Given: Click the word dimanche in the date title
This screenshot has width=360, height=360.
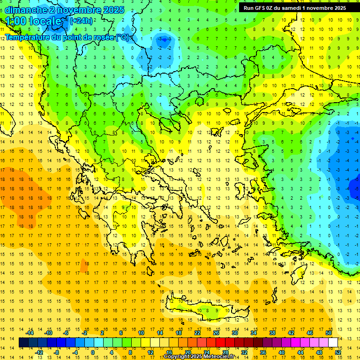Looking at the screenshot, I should tap(25, 10).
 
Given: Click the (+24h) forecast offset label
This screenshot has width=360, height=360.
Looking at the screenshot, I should tap(81, 21).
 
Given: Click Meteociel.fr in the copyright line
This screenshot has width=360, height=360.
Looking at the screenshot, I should tap(222, 357).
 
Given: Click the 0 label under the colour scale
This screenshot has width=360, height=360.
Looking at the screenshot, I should tap(93, 352).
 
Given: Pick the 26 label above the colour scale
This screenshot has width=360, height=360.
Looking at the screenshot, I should tap(216, 333).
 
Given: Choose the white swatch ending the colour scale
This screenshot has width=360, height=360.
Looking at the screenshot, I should tap(333, 343).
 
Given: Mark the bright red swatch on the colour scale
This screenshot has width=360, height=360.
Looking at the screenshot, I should tap(220, 343).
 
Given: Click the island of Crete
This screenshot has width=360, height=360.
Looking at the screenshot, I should tap(206, 311).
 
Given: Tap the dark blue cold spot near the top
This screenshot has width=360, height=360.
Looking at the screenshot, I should tap(164, 40).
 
